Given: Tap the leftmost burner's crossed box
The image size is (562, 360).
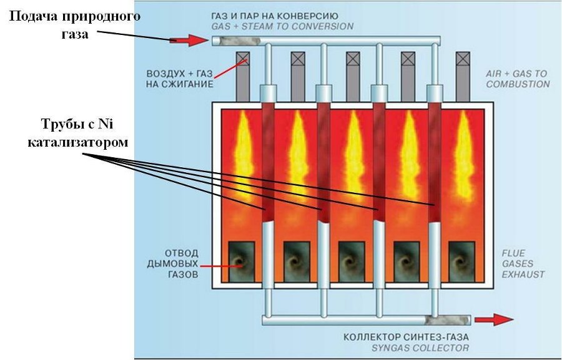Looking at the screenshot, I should (x=242, y=59).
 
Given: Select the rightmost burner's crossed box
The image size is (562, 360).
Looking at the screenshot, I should (x=463, y=59).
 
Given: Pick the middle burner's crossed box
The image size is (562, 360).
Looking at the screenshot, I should (x=353, y=59).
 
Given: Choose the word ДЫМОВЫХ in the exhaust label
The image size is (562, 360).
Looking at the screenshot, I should (x=180, y=264).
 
